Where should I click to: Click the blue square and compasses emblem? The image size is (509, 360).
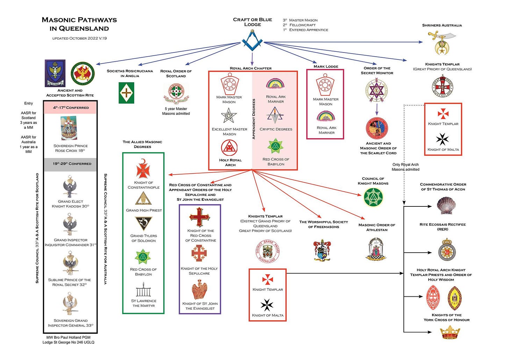pos(252,41)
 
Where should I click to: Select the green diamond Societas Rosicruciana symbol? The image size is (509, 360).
pos(126,93)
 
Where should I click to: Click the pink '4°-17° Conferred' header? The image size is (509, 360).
pos(70,107)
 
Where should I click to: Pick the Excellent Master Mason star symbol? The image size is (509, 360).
pos(229,116)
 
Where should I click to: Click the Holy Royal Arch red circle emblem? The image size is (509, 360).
pos(229,148)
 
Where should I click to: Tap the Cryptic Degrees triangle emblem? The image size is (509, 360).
pos(275,115)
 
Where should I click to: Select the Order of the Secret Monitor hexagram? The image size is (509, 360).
pos(377,90)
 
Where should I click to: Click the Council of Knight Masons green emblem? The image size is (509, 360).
pos(373,197)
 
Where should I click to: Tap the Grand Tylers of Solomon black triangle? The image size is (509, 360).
pos(143,224)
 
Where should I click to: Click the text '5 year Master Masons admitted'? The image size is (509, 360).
pos(176,111)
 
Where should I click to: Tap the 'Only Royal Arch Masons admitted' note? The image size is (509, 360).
pos(405,167)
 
